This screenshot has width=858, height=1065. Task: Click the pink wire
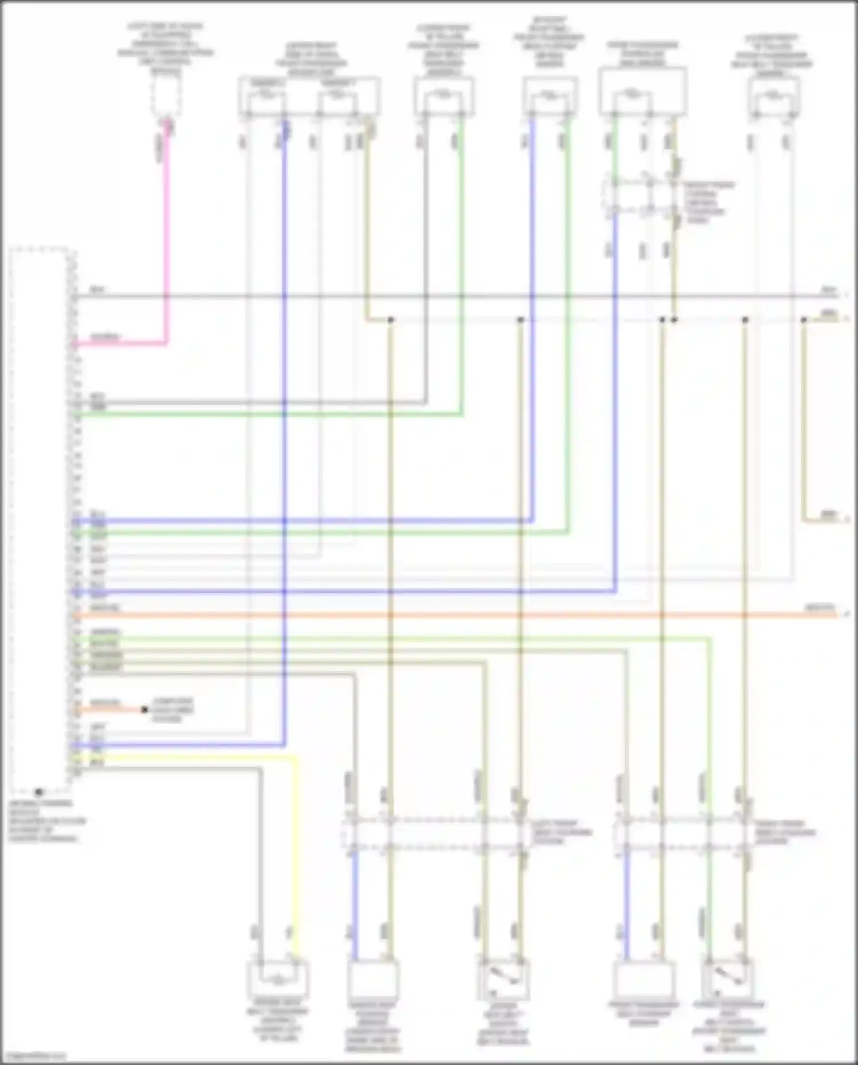(166, 240)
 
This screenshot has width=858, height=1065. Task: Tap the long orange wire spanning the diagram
(458, 616)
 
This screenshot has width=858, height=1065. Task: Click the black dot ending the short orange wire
(145, 710)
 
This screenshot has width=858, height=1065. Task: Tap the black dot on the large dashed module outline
(38, 793)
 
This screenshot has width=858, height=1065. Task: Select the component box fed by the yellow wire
(277, 979)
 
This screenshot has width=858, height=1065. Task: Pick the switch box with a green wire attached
(726, 979)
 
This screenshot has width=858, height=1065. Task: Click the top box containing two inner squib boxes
(309, 96)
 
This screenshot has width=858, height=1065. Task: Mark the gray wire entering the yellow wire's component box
(260, 858)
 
